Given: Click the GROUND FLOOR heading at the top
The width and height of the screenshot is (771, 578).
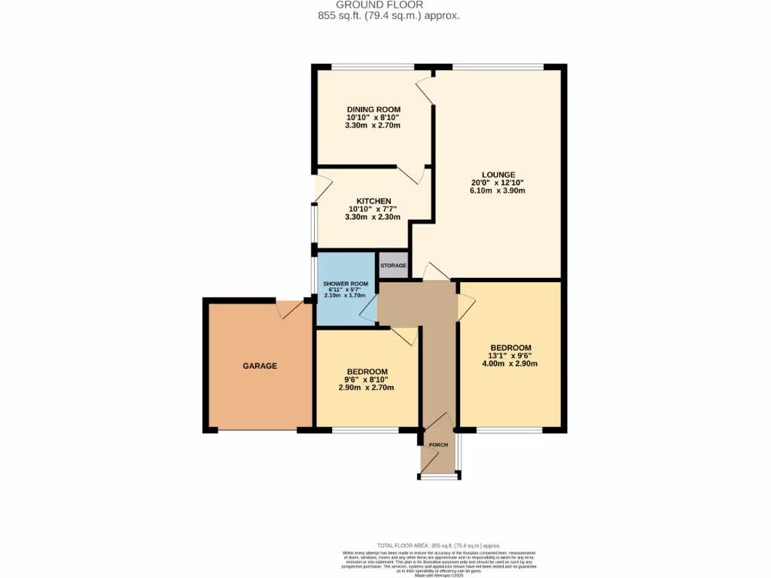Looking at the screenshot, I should tap(385, 5).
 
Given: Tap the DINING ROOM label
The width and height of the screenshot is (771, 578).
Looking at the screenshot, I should tap(373, 109).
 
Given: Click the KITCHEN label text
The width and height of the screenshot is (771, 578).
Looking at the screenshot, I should tap(373, 200).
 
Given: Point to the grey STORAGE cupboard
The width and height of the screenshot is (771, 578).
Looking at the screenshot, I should tap(393, 266).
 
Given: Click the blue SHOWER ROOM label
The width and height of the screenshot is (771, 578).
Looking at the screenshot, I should tap(346, 284).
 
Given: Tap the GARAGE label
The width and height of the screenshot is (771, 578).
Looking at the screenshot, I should tap(260, 366).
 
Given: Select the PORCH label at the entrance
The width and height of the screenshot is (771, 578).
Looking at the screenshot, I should tap(438, 445).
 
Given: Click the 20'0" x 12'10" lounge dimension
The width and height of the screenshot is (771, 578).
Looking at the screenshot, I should tap(498, 183).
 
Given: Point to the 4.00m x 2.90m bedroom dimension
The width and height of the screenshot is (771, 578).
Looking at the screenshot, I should tap(510, 364).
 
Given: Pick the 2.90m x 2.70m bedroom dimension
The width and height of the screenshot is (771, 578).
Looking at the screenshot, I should tap(367, 388).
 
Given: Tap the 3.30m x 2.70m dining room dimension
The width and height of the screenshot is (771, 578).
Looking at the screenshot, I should tap(373, 125).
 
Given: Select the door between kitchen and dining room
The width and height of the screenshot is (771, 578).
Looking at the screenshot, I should tap(411, 175).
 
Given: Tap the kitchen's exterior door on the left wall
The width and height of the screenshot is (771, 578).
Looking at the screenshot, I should tap(322, 188).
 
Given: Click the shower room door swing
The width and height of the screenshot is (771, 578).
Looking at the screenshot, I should tap(368, 309).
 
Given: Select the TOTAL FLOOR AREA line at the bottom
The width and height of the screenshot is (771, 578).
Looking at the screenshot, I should tap(438, 546).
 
